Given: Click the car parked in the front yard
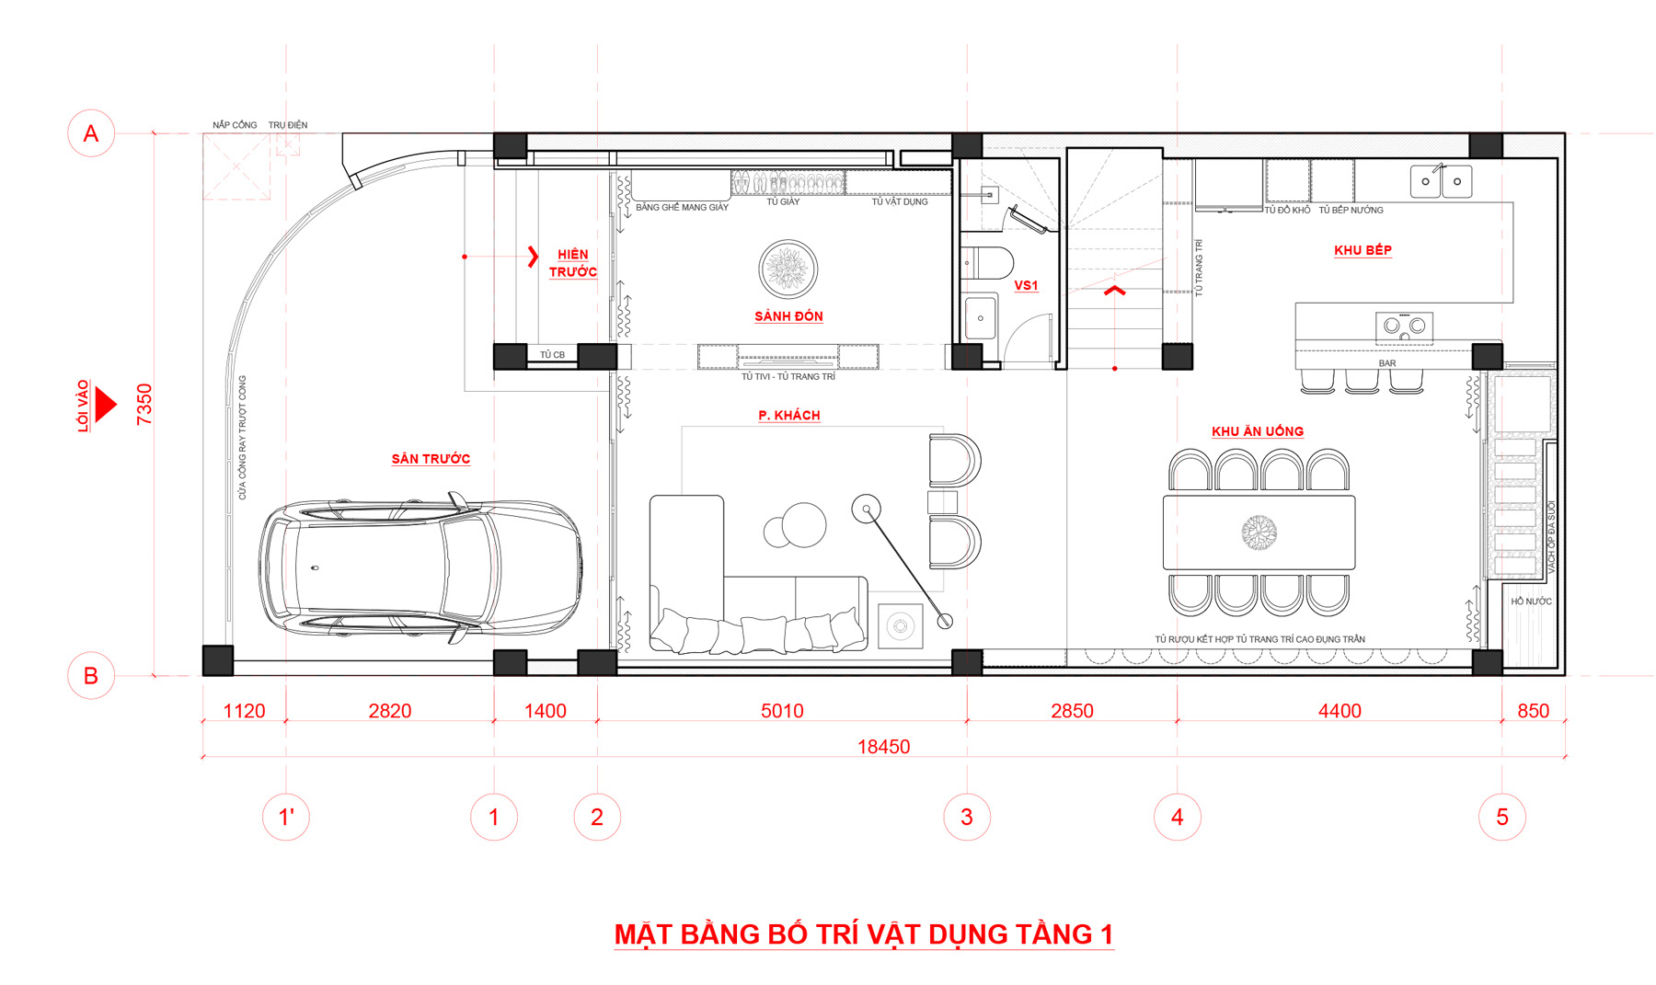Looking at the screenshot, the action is [x=420, y=568].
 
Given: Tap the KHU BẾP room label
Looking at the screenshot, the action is [x=1363, y=250].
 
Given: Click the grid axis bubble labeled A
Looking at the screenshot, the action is [x=91, y=133].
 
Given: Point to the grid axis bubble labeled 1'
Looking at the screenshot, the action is [x=286, y=817].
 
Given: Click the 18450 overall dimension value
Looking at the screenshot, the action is [x=883, y=747].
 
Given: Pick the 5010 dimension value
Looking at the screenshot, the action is [x=782, y=711].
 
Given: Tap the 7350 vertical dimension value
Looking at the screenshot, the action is [x=144, y=405].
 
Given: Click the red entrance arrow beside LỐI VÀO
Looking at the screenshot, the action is [x=106, y=405].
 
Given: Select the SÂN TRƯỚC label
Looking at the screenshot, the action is [x=431, y=459].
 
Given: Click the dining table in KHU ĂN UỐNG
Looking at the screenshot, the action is [x=1259, y=533].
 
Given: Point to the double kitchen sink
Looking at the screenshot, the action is [x=1442, y=181].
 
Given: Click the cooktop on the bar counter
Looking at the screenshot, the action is [x=1404, y=326].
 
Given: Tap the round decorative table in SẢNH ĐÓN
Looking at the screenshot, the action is [x=788, y=269].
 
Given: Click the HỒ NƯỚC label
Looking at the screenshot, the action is [x=1531, y=601].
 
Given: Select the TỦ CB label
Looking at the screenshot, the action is [x=552, y=355].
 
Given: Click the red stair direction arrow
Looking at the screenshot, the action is [x=1115, y=292].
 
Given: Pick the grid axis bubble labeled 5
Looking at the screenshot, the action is [x=1502, y=817].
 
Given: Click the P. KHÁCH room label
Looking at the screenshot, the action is [x=788, y=416].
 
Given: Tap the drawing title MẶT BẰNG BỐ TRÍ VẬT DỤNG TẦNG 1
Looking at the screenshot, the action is [x=864, y=934].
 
